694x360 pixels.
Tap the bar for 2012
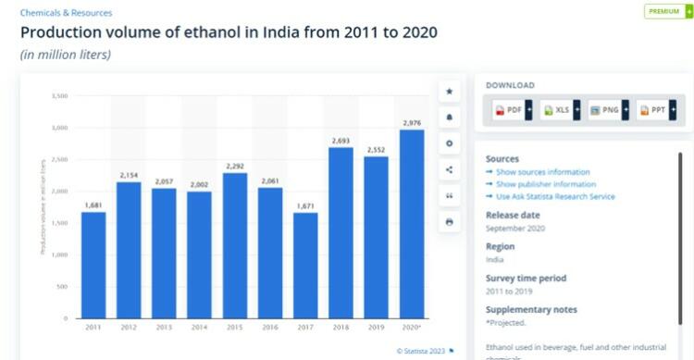tap(130, 250)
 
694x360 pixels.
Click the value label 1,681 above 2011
tap(93, 205)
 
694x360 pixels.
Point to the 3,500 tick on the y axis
tap(59, 95)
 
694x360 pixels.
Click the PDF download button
tap(508, 110)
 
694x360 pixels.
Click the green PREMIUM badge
tap(663, 11)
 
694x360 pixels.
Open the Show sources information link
tap(542, 172)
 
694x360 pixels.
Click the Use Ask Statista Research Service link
tap(555, 196)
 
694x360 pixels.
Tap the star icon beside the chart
tap(450, 91)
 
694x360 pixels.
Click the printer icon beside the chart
tap(450, 222)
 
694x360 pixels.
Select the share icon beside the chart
tap(450, 169)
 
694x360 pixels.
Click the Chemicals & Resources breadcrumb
tap(66, 13)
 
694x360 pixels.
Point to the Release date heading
tap(513, 216)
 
